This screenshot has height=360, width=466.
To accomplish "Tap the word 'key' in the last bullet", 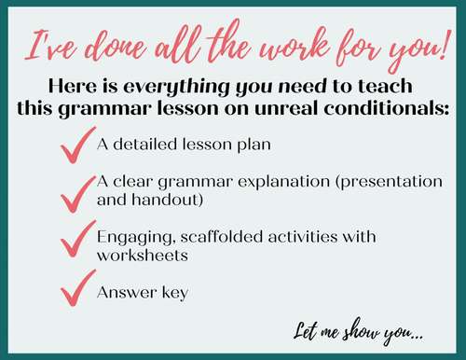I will pyautogui.click(x=174, y=292).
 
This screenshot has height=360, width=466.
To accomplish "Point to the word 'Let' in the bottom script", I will pyautogui.click(x=304, y=330).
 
